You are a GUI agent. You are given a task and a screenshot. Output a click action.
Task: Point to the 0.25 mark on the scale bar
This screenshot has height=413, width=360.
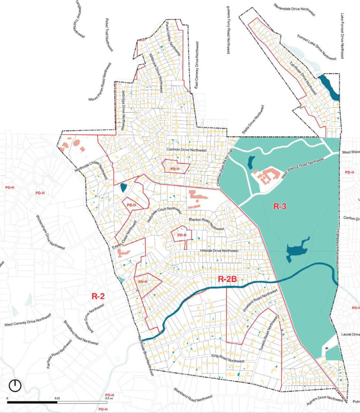(57, 398)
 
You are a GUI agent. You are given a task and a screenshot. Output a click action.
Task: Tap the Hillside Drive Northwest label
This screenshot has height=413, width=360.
(219, 251)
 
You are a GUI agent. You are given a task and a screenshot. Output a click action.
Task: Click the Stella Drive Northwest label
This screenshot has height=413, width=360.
(254, 120)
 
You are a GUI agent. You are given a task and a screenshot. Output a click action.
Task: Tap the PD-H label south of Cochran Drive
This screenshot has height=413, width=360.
(175, 169)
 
